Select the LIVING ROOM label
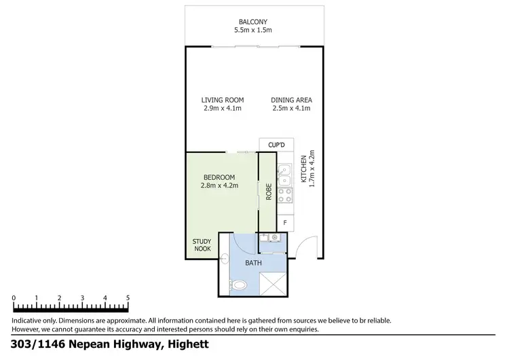[223, 100]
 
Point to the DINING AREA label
[291, 100]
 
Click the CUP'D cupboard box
[276, 145]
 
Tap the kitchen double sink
[286, 175]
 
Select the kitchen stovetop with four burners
[286, 196]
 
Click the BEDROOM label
[219, 177]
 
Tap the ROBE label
[268, 192]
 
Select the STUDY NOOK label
[202, 245]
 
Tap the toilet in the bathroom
[238, 285]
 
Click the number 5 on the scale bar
[128, 298]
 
